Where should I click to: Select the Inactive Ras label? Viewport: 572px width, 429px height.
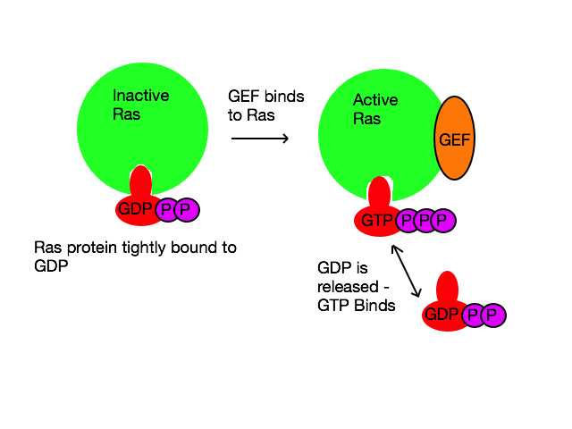tap(140, 105)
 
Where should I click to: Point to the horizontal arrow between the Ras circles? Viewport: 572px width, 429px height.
tap(260, 139)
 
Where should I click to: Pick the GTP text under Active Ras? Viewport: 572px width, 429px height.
tap(377, 221)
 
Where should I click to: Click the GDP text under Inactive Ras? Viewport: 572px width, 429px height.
tap(135, 211)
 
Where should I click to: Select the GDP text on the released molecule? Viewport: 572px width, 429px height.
tap(442, 315)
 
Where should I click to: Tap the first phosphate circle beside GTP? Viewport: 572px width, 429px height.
tap(407, 221)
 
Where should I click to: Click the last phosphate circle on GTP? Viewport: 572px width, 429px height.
tap(442, 221)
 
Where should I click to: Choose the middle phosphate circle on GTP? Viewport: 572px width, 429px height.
tap(425, 221)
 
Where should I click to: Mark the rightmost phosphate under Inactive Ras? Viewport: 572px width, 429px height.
tap(186, 211)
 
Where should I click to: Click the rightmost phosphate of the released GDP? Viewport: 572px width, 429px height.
tap(492, 315)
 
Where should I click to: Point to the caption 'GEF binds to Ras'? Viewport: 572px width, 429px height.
tap(265, 105)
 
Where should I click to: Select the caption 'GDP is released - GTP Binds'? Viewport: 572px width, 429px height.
tap(356, 286)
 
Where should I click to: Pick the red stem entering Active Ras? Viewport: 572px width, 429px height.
tap(381, 192)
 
